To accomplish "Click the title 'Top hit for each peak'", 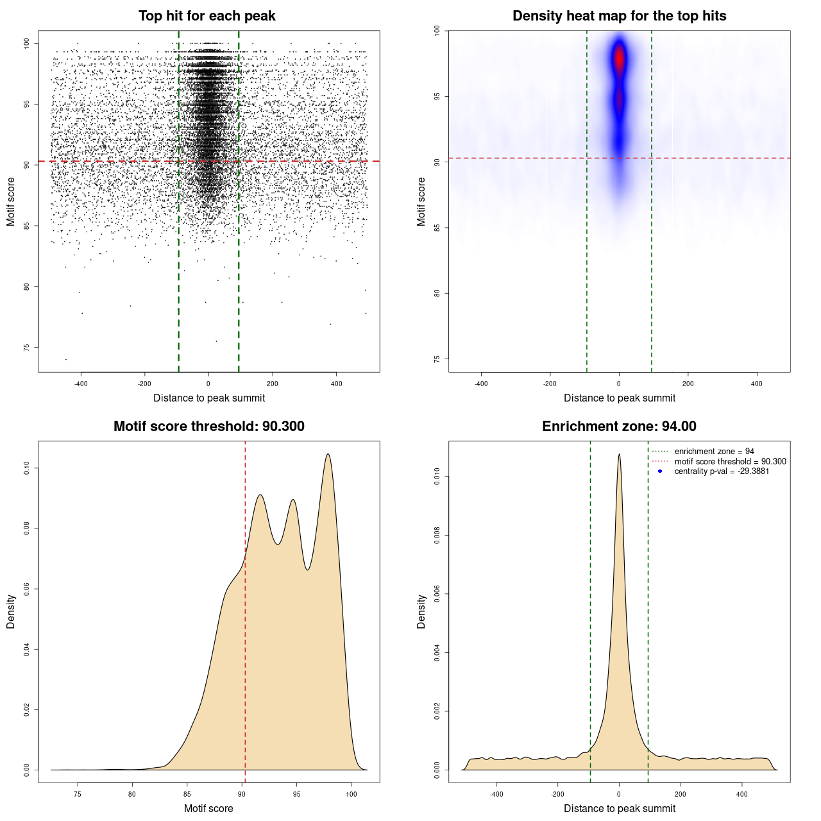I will tap(207, 16).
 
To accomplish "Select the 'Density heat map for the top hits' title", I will tap(619, 16).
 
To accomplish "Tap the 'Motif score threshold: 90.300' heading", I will tap(208, 427).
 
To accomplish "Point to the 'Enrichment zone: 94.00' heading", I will tap(619, 427).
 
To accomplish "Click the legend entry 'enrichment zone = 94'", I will tap(714, 452).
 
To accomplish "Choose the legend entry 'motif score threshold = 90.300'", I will tap(730, 461).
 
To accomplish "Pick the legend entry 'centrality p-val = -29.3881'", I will tap(722, 471).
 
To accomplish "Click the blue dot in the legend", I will tap(660, 471).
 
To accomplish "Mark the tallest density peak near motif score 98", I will tap(328, 455).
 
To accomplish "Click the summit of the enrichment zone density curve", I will tap(619, 455).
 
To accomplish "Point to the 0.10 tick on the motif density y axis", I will tap(27, 468).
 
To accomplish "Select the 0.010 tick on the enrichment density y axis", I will tap(437, 477).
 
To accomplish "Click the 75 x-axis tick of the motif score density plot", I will tap(78, 794).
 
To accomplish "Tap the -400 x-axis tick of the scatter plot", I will tap(81, 384).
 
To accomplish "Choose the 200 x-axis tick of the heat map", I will tap(688, 384).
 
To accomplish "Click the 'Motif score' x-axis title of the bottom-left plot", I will tap(208, 808).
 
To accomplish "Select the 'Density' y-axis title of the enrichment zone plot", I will tap(421, 611).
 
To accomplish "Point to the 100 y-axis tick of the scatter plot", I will tap(27, 43).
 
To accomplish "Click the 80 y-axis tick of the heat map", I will tap(437, 293).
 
